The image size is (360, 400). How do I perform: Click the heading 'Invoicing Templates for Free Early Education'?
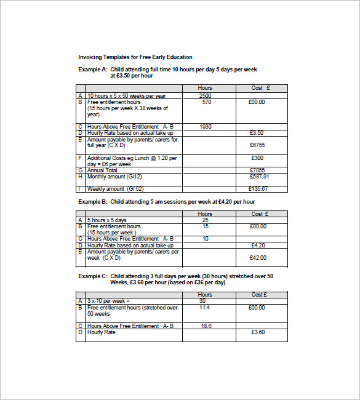pyautogui.click(x=135, y=57)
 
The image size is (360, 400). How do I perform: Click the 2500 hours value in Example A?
pyautogui.click(x=205, y=96)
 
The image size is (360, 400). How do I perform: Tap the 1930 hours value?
pyautogui.click(x=205, y=126)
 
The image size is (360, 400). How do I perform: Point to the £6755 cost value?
pyautogui.click(x=257, y=145)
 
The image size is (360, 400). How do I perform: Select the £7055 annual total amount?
pyautogui.click(x=257, y=170)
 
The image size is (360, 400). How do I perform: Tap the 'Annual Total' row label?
pyautogui.click(x=104, y=170)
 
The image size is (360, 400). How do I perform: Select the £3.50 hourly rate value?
pyautogui.click(x=257, y=132)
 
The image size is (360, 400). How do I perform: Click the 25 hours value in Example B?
pyautogui.click(x=205, y=220)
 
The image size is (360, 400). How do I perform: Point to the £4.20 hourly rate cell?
pyautogui.click(x=258, y=245)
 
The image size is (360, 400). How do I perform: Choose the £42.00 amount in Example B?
pyautogui.click(x=258, y=257)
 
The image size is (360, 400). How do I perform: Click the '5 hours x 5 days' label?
pyautogui.click(x=106, y=220)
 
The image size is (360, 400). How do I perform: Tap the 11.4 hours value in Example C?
pyautogui.click(x=205, y=307)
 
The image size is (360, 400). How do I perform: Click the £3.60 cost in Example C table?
pyautogui.click(x=258, y=332)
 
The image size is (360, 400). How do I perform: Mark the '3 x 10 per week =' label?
pyautogui.click(x=110, y=301)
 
